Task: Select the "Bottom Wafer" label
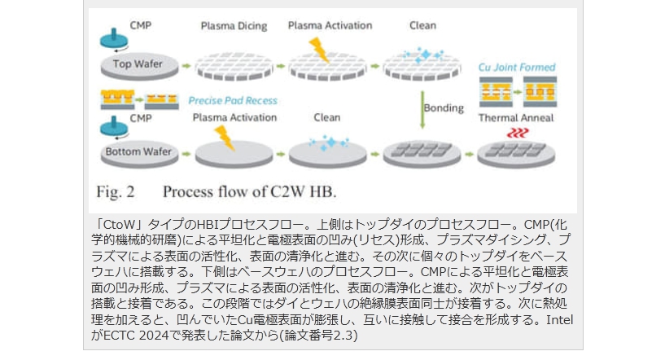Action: (132, 151)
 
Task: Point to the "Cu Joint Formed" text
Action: (515, 67)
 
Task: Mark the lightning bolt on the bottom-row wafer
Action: (223, 137)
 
